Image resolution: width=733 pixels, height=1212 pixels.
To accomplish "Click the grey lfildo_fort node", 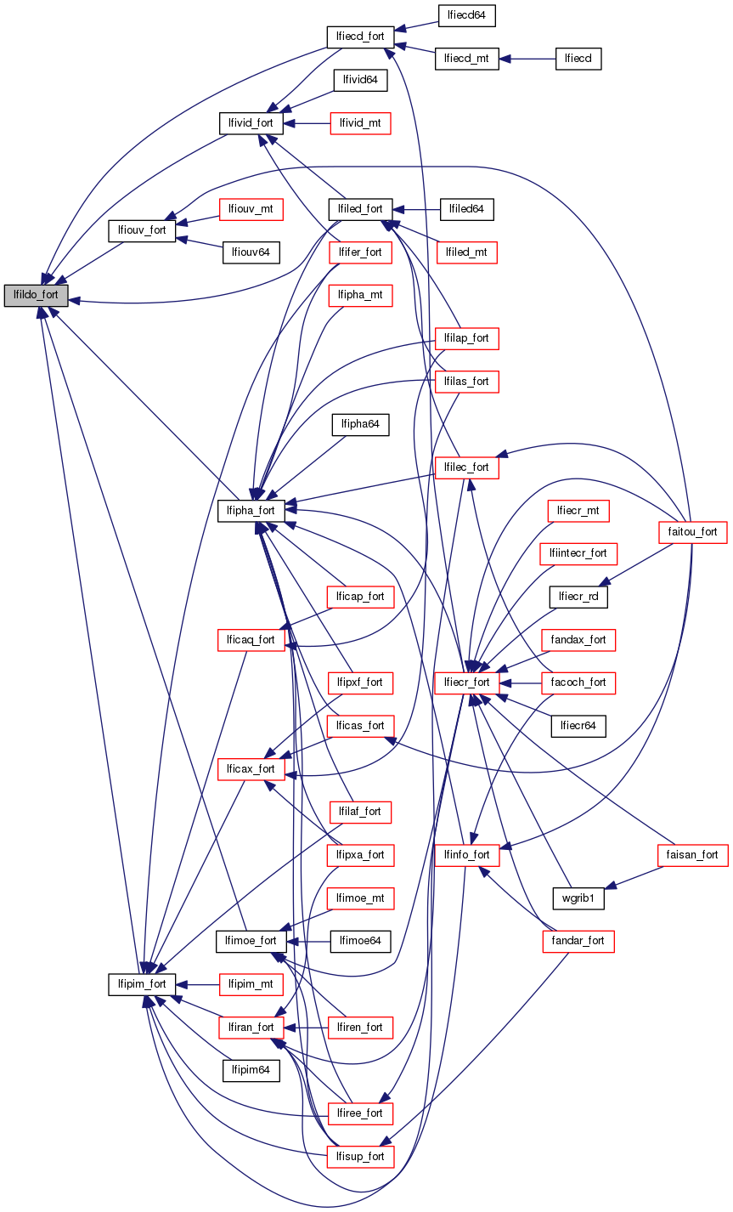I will (36, 295).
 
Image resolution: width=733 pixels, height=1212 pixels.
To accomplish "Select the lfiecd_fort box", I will (361, 37).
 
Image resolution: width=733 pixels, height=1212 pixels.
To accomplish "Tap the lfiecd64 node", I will (466, 14).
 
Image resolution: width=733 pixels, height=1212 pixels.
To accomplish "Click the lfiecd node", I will (578, 59).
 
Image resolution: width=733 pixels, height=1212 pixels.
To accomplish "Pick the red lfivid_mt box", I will (361, 123).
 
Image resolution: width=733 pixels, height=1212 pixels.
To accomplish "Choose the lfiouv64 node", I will (251, 252).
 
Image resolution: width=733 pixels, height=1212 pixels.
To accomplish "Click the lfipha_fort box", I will (251, 510).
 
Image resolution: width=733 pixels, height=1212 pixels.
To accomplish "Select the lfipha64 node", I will (361, 423).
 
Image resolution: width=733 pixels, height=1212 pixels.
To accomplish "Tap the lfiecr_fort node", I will (465, 682).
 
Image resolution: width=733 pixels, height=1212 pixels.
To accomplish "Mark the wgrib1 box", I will (578, 897).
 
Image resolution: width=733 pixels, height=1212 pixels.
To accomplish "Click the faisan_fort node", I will (693, 854).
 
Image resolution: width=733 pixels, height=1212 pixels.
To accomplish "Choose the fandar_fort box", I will (578, 941).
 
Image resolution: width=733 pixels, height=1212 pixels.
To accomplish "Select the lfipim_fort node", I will (142, 983).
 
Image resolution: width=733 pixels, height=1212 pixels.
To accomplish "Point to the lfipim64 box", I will (251, 1069).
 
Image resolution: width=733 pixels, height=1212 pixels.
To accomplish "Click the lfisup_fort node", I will (361, 1156).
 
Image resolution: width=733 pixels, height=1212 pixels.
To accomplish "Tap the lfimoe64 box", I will (361, 941).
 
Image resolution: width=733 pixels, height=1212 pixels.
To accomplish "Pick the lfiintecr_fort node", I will (578, 553).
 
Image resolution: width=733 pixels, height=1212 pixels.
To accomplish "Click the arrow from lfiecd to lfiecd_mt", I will (527, 59).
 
